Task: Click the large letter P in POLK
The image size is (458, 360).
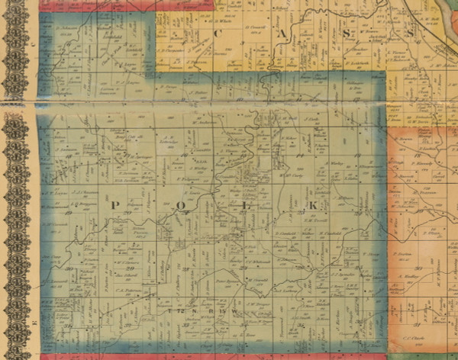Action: [115, 206]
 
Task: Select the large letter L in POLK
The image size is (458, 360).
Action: [246, 206]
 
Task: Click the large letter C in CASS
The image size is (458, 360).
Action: [220, 34]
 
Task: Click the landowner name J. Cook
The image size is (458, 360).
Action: [310, 121]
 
